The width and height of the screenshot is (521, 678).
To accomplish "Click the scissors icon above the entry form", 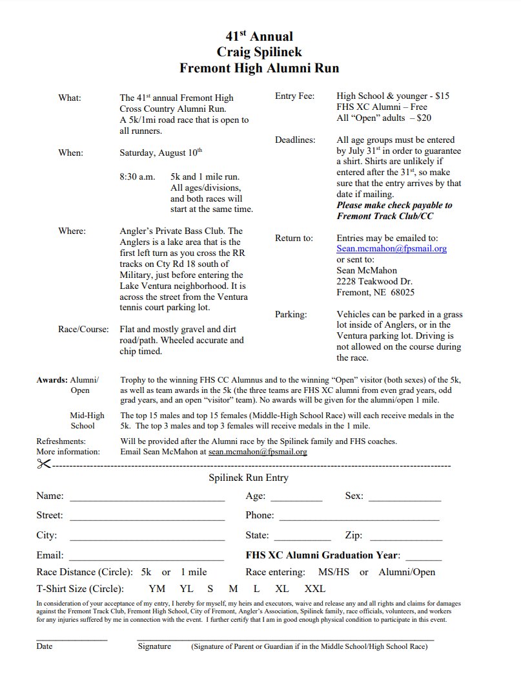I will (43, 463).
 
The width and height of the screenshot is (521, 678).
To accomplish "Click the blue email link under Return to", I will (391, 248).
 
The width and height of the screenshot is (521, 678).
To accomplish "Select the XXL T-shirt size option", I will (315, 589).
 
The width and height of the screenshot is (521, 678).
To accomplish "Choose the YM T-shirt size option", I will (156, 589).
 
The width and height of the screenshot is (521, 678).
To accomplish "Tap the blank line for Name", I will (147, 498).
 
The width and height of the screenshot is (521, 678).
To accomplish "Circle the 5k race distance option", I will (146, 572).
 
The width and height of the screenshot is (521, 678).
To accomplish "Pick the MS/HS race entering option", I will (334, 572).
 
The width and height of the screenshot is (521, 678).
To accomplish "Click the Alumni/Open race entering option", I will (407, 572).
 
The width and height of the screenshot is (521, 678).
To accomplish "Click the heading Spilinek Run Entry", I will (249, 478).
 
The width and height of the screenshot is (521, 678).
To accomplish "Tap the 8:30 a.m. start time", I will (137, 176).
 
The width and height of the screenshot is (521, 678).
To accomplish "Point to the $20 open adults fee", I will (424, 118).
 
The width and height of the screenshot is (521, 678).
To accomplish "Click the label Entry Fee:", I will (295, 96).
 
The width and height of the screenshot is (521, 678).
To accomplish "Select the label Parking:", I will (291, 314).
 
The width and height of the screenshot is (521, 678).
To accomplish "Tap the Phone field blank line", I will (359, 518).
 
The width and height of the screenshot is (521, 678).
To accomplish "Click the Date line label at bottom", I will (45, 646).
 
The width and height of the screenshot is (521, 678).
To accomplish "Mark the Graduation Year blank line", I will (424, 557).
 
